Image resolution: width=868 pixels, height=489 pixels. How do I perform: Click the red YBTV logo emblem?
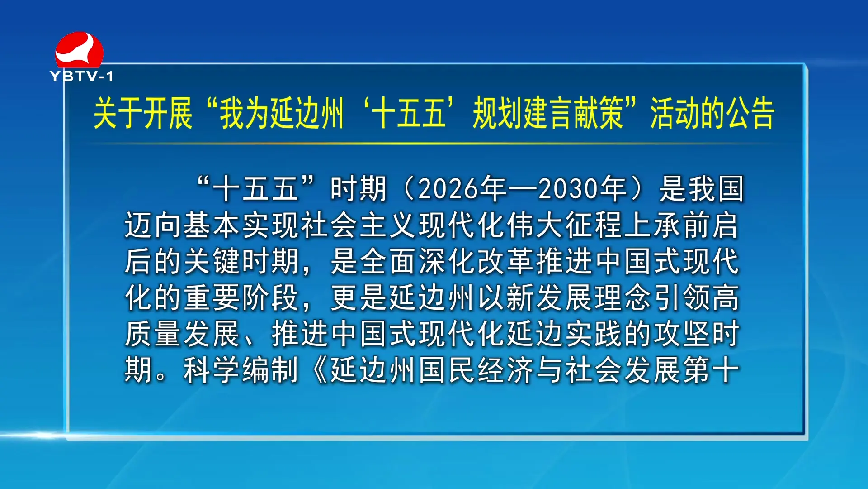[x=79, y=49]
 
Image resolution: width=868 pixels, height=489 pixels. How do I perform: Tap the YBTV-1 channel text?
[x=81, y=76]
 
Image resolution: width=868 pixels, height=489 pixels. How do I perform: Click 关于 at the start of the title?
[x=118, y=113]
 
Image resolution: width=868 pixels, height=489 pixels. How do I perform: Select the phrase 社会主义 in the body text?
[x=359, y=225]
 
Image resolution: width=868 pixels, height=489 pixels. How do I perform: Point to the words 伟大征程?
[x=565, y=225]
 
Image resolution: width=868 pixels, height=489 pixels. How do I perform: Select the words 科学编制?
[x=241, y=370]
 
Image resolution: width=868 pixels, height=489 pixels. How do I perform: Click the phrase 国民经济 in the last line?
[x=476, y=370]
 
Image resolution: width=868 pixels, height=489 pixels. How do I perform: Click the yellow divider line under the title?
[x=434, y=144]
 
